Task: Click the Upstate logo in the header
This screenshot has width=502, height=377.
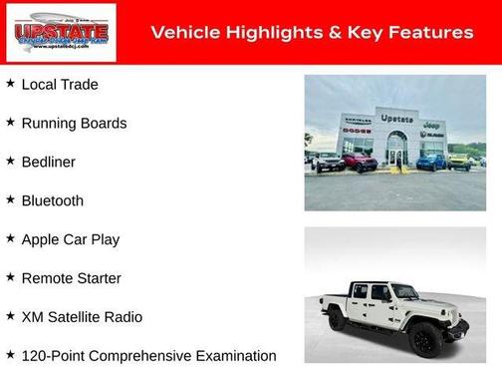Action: (x=61, y=33)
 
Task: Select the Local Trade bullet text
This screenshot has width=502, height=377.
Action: (x=60, y=85)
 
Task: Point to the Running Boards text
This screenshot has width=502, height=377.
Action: (x=74, y=124)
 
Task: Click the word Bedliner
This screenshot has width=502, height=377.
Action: (x=48, y=162)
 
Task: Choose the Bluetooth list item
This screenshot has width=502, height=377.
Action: (x=52, y=200)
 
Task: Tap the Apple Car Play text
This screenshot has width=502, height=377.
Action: (x=70, y=239)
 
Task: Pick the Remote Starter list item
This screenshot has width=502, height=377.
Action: (x=71, y=278)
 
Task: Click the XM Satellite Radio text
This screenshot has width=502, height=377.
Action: (x=82, y=317)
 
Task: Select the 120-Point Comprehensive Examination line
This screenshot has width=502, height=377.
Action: (x=148, y=356)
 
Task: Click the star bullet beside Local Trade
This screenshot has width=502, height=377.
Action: (x=10, y=84)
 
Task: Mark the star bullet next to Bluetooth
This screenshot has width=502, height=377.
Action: (x=10, y=199)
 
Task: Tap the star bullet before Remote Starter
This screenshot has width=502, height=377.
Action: (x=10, y=277)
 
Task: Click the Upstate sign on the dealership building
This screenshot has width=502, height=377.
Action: (x=397, y=119)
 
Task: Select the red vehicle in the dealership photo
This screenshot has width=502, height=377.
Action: (x=360, y=161)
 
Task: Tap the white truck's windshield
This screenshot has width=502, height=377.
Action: (x=404, y=292)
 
